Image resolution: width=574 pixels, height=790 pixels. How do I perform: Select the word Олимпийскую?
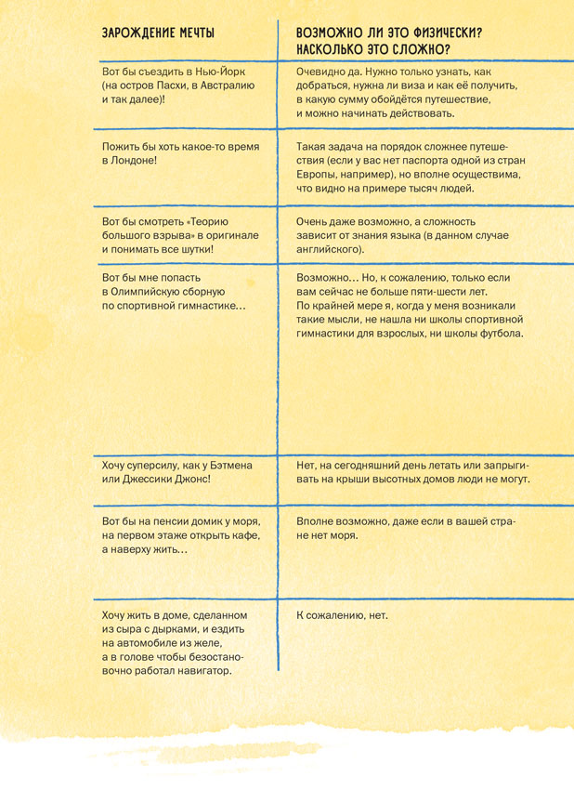coord(158,291)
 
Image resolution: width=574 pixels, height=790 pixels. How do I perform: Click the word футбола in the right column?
coord(500,333)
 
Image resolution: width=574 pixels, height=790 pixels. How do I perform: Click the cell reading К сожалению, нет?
coord(342,615)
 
